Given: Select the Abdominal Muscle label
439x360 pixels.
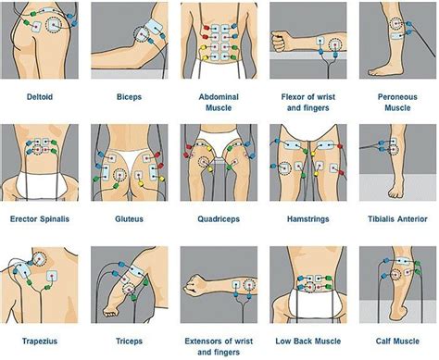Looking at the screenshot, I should coord(219,100).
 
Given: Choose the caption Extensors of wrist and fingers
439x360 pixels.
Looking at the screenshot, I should coord(219,347).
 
